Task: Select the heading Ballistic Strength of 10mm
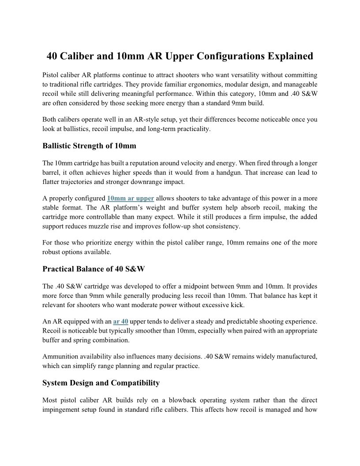tap(90, 146)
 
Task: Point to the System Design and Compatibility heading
tap(101, 383)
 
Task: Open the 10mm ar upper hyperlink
tap(131, 198)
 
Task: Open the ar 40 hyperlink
tap(120, 321)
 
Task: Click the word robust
tap(52, 252)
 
